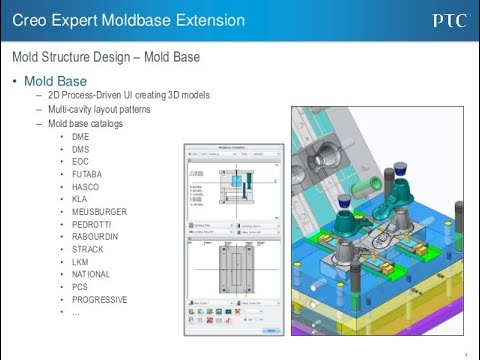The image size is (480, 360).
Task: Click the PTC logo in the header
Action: click(x=448, y=20)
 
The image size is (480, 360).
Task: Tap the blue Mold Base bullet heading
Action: click(x=56, y=81)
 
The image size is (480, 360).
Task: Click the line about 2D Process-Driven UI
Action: click(x=128, y=96)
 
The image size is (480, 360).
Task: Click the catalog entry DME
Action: click(x=81, y=136)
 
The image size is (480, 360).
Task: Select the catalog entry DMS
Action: click(x=81, y=149)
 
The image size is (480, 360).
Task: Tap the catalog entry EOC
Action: click(x=81, y=161)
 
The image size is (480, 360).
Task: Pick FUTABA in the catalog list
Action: click(x=87, y=174)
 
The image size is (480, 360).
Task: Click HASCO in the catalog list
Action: click(x=85, y=186)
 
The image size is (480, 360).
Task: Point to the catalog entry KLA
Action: click(x=80, y=199)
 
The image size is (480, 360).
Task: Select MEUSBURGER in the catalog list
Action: click(x=99, y=211)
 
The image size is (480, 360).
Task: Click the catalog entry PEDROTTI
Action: click(x=92, y=224)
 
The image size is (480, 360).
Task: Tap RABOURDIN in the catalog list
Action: click(x=95, y=237)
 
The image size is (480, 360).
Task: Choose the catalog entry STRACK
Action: click(x=87, y=249)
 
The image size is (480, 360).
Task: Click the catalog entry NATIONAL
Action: click(x=91, y=274)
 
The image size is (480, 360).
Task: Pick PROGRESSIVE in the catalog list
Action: click(x=99, y=299)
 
